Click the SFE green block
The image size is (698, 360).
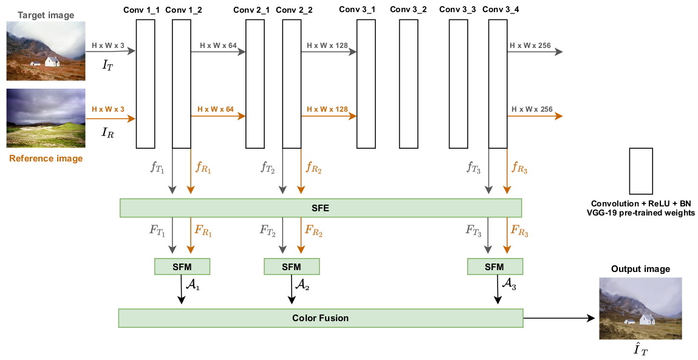pos(321,208)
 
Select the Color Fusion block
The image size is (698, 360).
pos(320,318)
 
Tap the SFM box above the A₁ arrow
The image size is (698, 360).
pos(182,267)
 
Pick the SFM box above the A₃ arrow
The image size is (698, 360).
pos(494,267)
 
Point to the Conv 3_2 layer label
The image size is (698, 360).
pos(408,10)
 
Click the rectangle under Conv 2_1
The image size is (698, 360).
pos(255,84)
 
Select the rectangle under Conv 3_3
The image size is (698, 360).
pos(458,84)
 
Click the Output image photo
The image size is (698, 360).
pos(640,308)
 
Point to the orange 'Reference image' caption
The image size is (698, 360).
pos(46,159)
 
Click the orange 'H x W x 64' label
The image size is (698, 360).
pos(215,109)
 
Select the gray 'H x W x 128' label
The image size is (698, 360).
pos(327,46)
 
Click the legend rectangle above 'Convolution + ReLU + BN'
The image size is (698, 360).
pos(641,171)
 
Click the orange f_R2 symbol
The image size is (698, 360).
pos(313,168)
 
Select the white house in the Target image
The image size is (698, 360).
pos(53,61)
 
